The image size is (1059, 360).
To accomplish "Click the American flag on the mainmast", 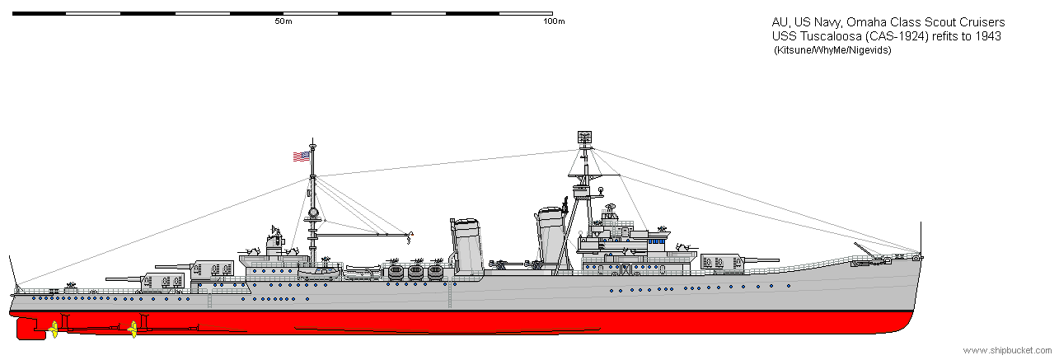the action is [x=301, y=157].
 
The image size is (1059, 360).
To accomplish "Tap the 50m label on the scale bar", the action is [x=283, y=21].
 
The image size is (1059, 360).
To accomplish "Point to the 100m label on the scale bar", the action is [x=554, y=21].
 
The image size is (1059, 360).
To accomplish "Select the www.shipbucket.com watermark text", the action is [x=1007, y=351].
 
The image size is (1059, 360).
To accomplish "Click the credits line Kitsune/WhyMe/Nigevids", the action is [x=832, y=50].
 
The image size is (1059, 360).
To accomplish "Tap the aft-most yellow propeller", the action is [x=54, y=330].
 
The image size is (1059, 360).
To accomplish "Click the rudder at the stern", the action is [x=27, y=328].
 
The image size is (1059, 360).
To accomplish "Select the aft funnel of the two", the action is [x=467, y=246].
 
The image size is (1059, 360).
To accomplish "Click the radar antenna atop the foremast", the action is [x=584, y=137].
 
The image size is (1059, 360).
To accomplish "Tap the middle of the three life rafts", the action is [x=415, y=272].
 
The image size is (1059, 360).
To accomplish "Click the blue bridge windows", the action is [x=657, y=241].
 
